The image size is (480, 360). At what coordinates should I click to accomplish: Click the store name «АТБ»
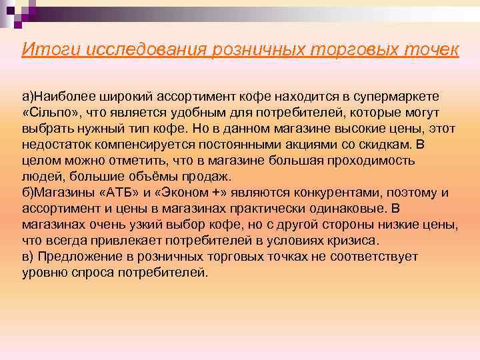(x=115, y=193)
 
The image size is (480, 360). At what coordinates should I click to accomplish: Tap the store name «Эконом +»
(x=181, y=193)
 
